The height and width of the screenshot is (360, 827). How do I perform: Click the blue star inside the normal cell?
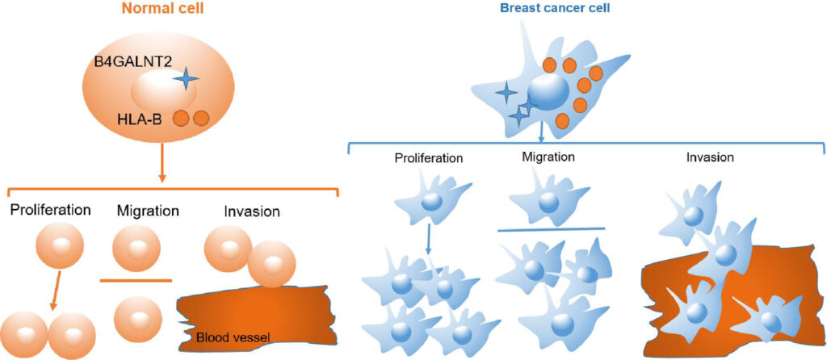186,78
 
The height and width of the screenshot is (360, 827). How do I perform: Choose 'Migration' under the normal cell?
148,211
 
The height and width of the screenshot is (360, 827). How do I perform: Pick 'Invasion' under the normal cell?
252,211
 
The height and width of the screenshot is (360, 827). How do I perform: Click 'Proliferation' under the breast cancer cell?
429,157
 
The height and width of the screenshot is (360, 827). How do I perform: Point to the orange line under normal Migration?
136,280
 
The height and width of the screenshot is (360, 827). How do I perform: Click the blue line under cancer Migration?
551,230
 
